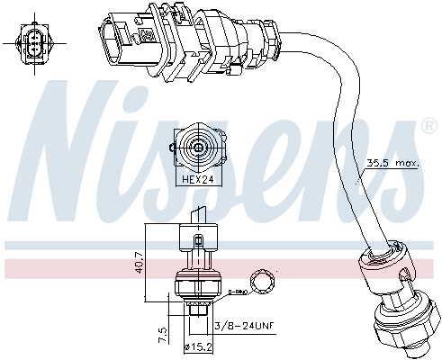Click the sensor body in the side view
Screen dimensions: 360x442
click(198, 270)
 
